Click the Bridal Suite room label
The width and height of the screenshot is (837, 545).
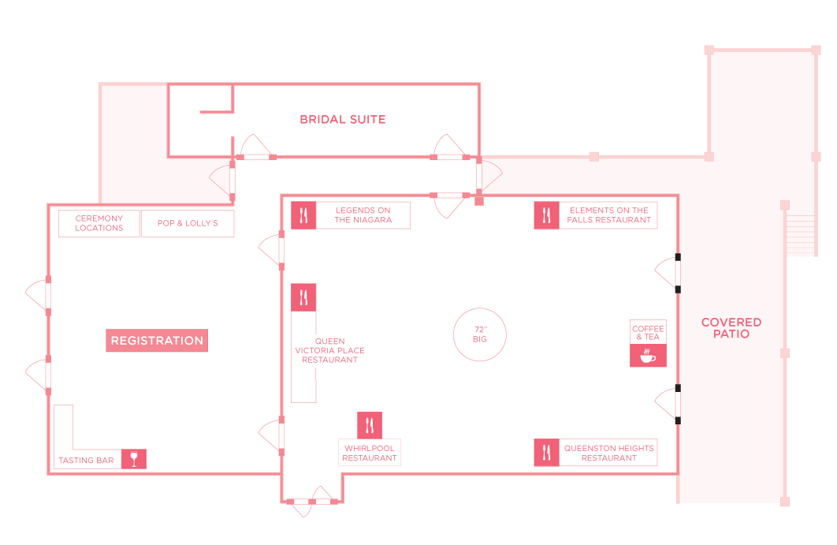click(x=343, y=119)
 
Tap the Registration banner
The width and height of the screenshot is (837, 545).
click(x=157, y=341)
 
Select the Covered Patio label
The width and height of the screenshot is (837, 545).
click(x=731, y=327)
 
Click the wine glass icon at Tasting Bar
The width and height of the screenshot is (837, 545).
click(x=134, y=459)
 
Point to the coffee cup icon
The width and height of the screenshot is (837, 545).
click(x=648, y=356)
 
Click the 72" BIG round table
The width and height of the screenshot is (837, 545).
click(x=480, y=334)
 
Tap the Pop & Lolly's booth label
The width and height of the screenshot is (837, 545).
click(x=188, y=222)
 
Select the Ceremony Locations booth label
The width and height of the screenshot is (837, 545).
click(x=99, y=222)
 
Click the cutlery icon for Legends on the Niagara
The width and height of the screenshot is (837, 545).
click(x=303, y=215)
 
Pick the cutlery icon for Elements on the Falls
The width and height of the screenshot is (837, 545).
click(x=547, y=215)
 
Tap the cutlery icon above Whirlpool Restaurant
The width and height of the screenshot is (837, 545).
click(x=370, y=425)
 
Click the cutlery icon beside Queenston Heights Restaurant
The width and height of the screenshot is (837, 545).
click(x=547, y=453)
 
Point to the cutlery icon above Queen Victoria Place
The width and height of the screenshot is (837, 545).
click(x=303, y=297)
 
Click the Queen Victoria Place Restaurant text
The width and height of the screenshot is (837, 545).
click(x=330, y=350)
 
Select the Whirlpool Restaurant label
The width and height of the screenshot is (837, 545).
click(x=370, y=453)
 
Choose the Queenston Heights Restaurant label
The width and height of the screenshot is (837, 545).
click(x=609, y=453)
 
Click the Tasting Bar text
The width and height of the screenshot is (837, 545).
click(x=87, y=460)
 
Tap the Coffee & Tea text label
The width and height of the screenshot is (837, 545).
click(x=648, y=332)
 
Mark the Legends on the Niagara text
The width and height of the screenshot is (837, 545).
click(x=363, y=215)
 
